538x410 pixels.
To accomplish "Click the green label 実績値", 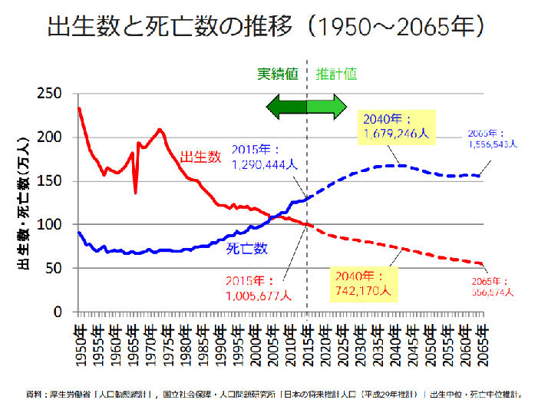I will click(x=277, y=74).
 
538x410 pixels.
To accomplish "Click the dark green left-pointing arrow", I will click(x=286, y=107).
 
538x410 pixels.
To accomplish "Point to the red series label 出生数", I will click(x=200, y=157).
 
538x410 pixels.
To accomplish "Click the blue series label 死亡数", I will click(x=246, y=248).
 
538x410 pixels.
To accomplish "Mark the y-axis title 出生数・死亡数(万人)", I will click(x=22, y=202).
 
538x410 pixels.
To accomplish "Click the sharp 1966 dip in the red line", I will click(x=136, y=192).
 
